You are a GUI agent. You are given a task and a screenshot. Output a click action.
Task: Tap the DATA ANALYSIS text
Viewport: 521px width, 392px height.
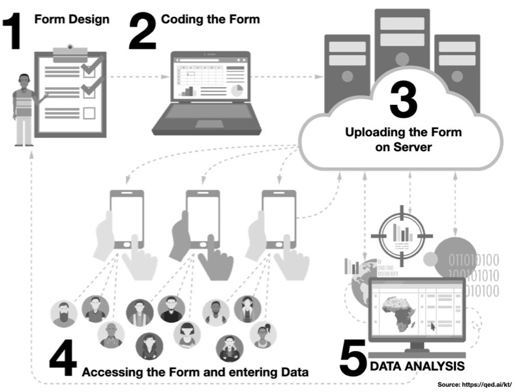click(x=417, y=365)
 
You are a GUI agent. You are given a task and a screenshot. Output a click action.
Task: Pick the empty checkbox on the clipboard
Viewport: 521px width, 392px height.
click(x=89, y=113)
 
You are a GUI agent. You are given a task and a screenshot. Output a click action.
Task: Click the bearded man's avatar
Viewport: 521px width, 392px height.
click(x=64, y=315)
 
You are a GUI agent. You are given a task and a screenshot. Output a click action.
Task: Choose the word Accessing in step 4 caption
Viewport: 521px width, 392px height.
click(x=110, y=372)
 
